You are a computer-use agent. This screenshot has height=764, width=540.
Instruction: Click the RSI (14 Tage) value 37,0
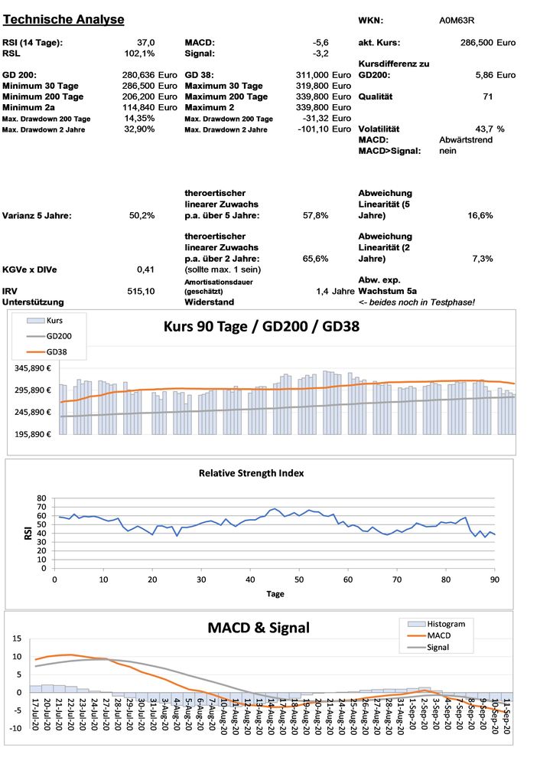[145, 42]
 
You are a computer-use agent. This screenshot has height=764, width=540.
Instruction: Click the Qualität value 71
[487, 97]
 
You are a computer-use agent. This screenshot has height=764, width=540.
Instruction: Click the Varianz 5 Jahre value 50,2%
[142, 216]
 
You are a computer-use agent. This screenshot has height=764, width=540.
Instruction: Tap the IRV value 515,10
[141, 291]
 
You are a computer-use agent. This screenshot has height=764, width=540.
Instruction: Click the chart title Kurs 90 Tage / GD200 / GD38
[262, 326]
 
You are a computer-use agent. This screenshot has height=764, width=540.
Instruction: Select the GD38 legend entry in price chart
[58, 351]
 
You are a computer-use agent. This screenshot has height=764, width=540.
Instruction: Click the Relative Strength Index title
[251, 473]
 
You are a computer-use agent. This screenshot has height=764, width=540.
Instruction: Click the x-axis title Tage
[275, 593]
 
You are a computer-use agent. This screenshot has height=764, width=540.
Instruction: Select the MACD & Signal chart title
[259, 628]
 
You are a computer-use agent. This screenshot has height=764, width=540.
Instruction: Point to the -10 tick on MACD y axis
[15, 728]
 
